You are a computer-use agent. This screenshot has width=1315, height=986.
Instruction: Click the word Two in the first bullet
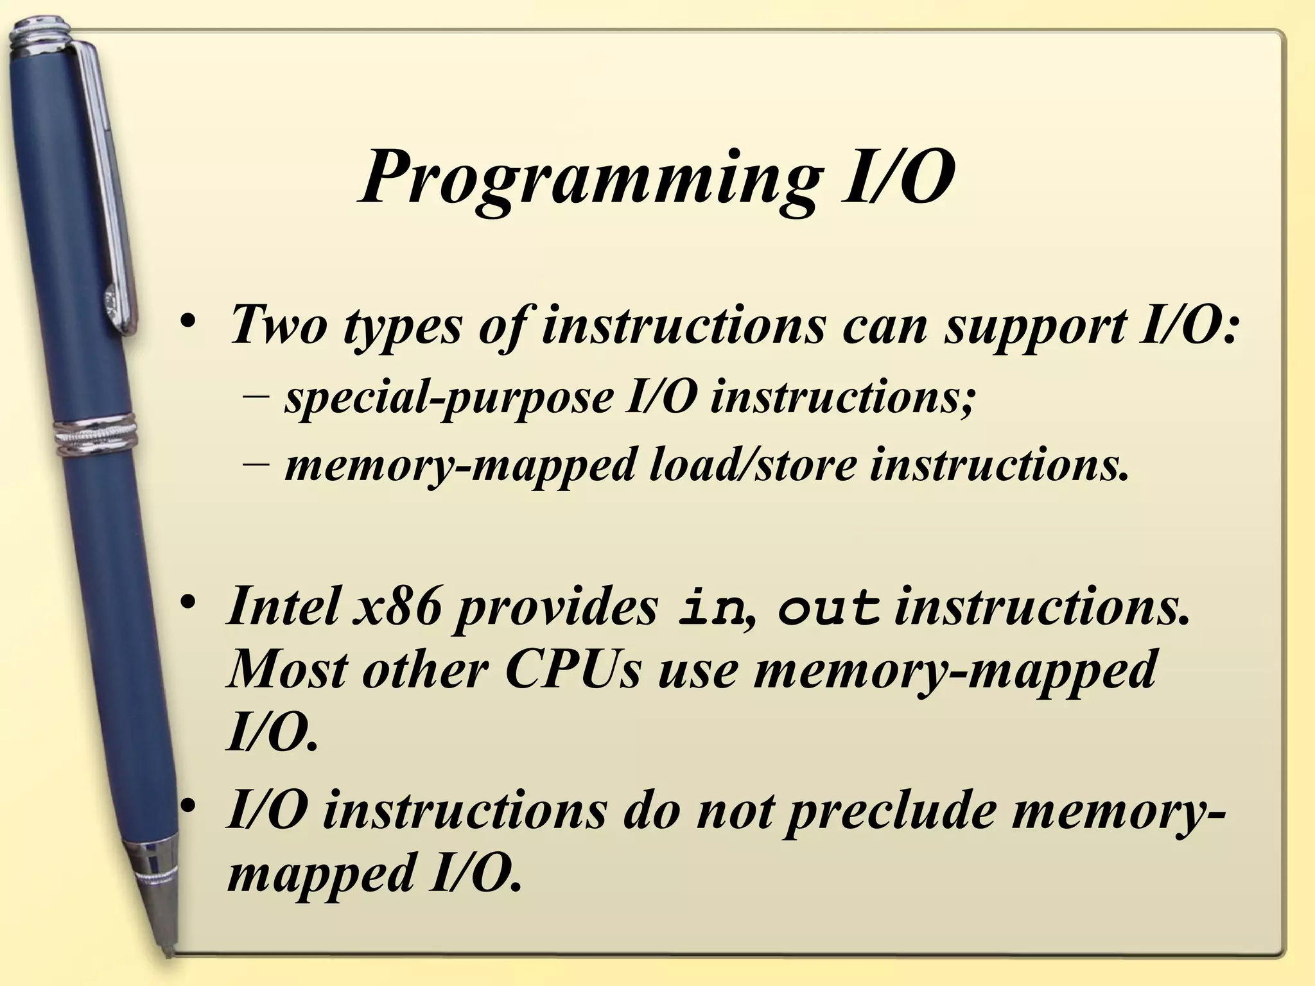276,324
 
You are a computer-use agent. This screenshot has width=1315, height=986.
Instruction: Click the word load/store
752,465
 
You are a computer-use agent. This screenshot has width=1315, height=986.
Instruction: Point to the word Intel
283,606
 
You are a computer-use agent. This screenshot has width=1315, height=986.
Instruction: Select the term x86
397,606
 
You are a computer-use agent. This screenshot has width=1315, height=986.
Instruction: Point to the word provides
556,607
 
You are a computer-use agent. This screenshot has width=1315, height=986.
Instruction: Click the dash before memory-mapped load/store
256,465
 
